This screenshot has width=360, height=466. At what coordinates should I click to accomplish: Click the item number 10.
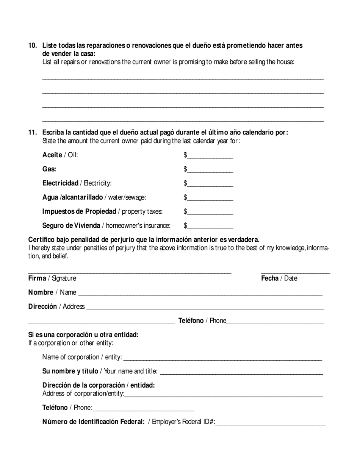[x=33, y=45]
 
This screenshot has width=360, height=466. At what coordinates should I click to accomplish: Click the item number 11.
[x=33, y=133]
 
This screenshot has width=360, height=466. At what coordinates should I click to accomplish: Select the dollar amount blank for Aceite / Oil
[x=210, y=155]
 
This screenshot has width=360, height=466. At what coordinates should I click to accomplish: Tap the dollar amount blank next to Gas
[x=210, y=169]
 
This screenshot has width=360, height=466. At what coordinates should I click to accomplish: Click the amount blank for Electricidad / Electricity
[x=210, y=184]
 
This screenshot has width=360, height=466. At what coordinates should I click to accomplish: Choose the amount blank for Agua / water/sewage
[x=210, y=198]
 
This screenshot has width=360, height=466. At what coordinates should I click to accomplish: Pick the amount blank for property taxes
[x=210, y=212]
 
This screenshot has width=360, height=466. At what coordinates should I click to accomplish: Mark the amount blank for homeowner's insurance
[x=210, y=226]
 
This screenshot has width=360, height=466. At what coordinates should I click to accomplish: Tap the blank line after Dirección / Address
[x=205, y=307]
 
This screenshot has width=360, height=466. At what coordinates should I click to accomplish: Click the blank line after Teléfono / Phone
[x=275, y=321]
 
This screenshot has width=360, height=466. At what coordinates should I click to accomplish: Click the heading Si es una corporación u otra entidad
[x=83, y=335]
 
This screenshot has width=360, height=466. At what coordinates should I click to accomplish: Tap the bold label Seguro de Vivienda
[x=71, y=226]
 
